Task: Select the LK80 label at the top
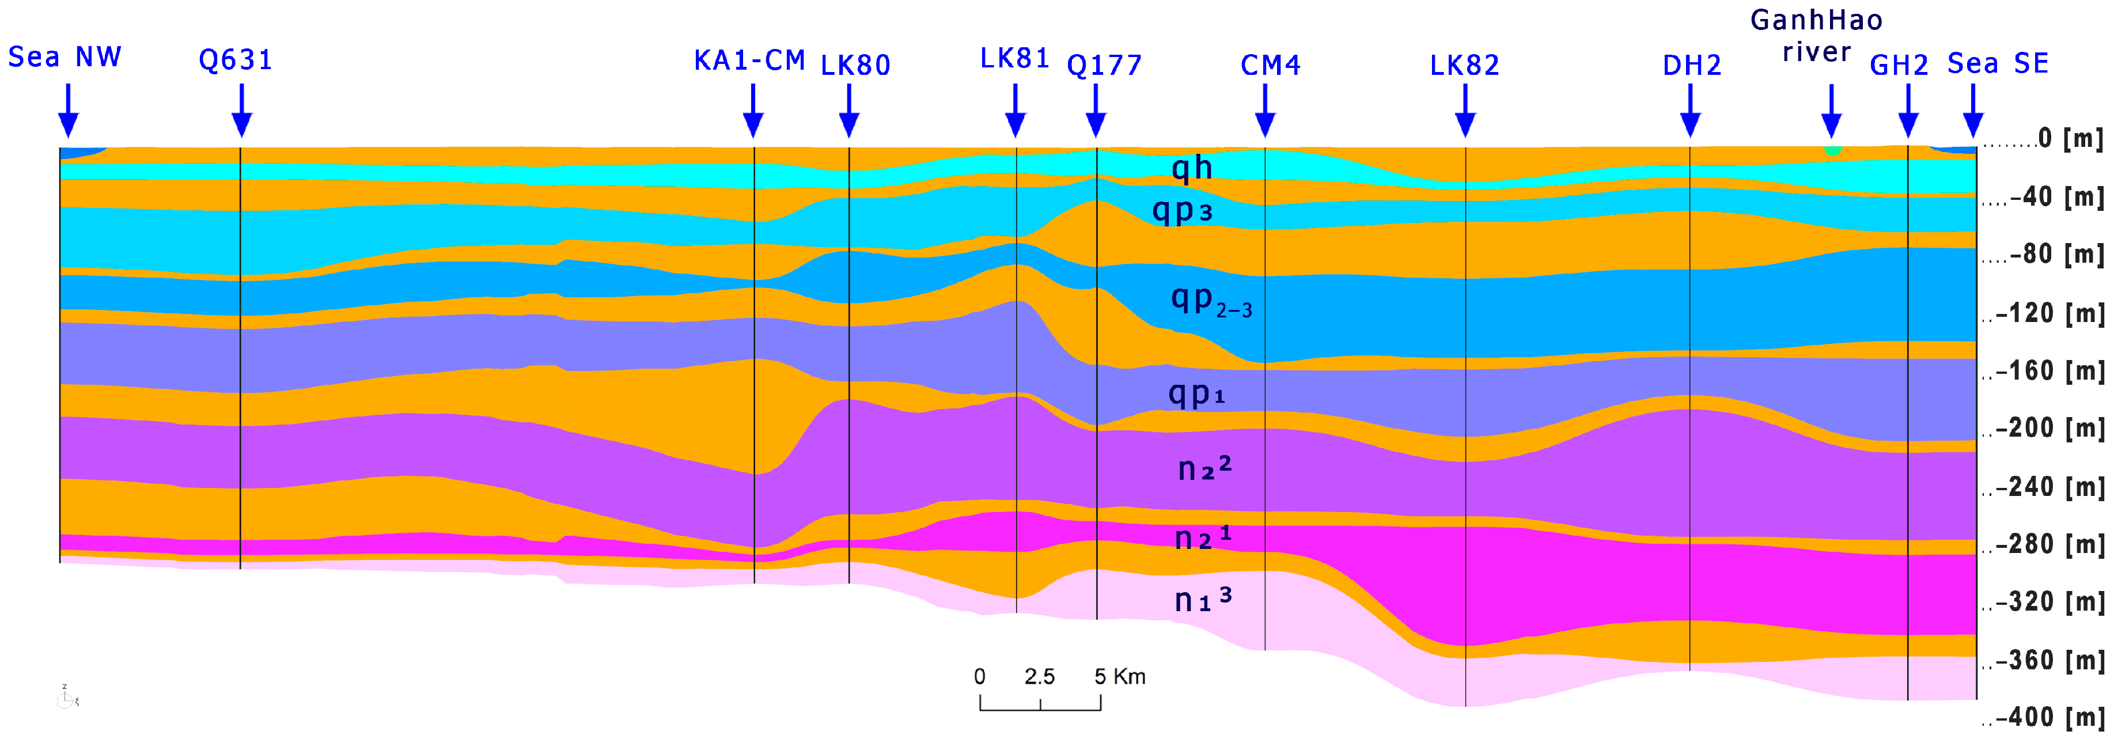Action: click(x=855, y=66)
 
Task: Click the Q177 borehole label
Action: click(x=1104, y=66)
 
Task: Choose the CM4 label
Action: click(x=1270, y=66)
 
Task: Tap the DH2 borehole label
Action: click(x=1691, y=66)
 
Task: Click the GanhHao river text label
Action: click(x=1816, y=36)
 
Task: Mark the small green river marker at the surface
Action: click(x=1832, y=151)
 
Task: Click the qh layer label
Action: click(x=1192, y=168)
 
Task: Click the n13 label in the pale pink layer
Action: click(x=1202, y=600)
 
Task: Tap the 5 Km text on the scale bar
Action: click(x=1119, y=677)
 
